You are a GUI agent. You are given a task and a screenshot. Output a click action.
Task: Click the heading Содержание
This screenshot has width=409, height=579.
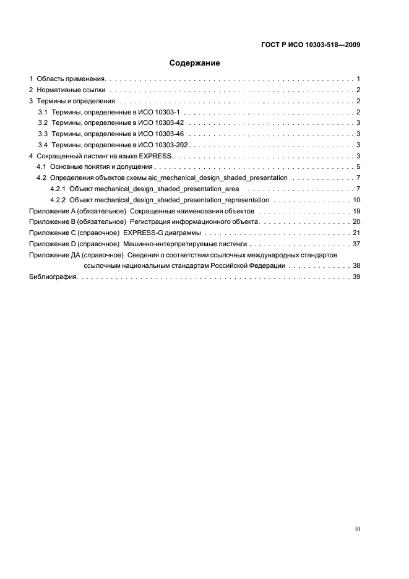tap(195, 63)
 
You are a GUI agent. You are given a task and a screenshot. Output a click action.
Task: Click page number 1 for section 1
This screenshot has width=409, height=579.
tap(358, 79)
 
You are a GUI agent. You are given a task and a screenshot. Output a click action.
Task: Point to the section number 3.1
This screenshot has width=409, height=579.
tap(43, 112)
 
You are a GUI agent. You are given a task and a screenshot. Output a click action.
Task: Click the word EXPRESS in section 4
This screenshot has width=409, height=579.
tap(154, 156)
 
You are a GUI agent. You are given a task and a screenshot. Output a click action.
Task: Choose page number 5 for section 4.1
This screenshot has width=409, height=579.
tap(358, 167)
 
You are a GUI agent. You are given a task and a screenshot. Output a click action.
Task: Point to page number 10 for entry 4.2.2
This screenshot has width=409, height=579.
tap(356, 200)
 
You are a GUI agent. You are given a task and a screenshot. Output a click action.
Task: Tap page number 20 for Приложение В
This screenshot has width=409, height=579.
tap(356, 221)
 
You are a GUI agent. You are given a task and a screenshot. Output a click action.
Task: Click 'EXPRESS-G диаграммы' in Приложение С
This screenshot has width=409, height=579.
tap(161, 233)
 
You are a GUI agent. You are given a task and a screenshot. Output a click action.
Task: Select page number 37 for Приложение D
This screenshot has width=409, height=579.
tap(356, 244)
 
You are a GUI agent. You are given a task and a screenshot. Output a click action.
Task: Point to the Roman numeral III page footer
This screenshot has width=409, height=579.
tap(357, 529)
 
